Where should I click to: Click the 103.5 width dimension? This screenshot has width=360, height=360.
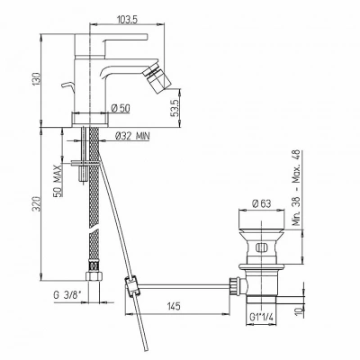pos(127,20)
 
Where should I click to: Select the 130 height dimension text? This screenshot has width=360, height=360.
pos(37,79)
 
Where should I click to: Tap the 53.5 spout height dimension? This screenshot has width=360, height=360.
pos(175,108)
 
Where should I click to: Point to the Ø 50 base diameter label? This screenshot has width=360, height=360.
pos(121,108)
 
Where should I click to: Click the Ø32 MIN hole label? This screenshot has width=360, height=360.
pos(132,137)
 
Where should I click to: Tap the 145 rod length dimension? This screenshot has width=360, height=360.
pos(174,306)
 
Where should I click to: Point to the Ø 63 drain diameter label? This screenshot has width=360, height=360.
pos(262,203)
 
